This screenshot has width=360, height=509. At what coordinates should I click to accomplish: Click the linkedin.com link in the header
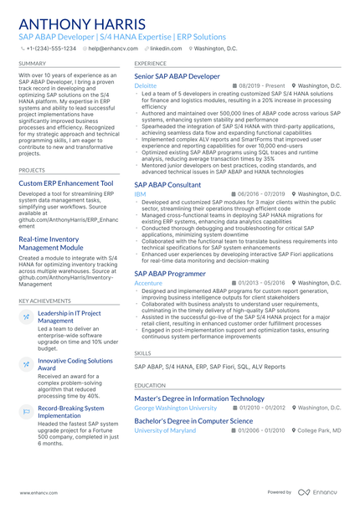coord(165,49)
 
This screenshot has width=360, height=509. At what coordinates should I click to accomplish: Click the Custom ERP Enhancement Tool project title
coord(65,183)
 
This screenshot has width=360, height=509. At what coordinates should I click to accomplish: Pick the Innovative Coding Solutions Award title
coord(75,364)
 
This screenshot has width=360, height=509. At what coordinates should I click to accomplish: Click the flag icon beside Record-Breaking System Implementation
coord(26,412)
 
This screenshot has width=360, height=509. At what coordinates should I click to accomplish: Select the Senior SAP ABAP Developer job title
coord(177,76)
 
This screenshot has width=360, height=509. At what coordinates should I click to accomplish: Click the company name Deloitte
coord(145,86)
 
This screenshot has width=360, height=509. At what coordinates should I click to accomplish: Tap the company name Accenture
coord(148,284)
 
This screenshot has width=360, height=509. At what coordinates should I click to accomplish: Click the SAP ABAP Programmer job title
coord(170,274)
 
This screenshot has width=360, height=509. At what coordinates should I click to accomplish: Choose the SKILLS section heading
coord(143,353)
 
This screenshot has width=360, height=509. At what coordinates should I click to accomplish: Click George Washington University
coord(175,408)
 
